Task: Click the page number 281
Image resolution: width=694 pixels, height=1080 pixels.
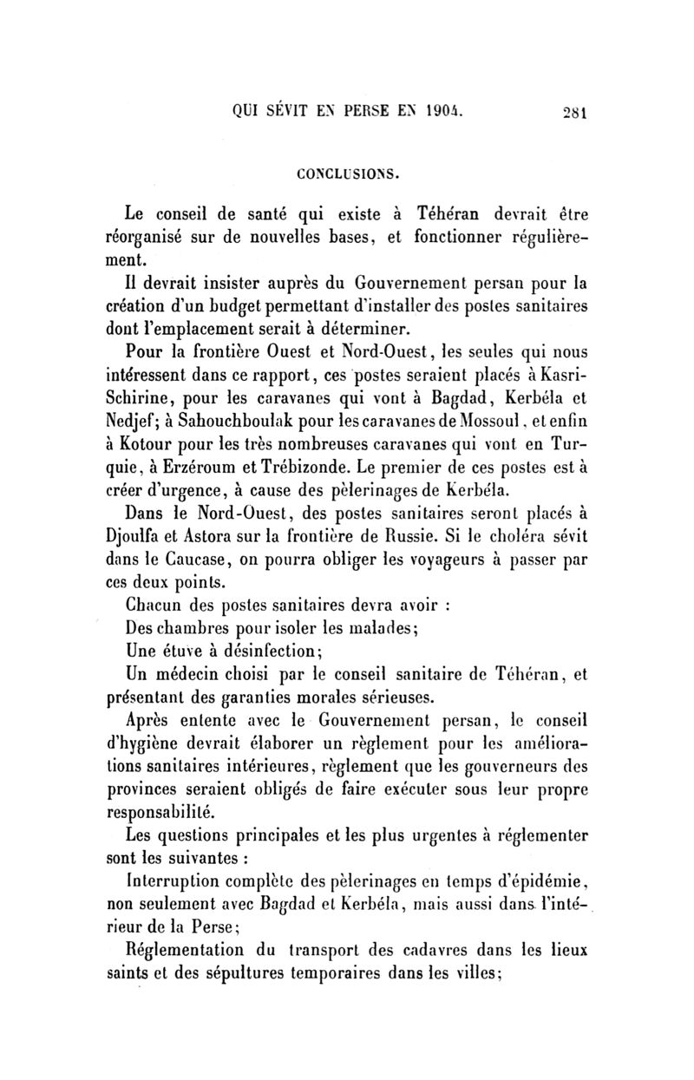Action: [575, 111]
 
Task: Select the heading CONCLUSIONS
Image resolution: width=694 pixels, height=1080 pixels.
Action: [347, 173]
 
